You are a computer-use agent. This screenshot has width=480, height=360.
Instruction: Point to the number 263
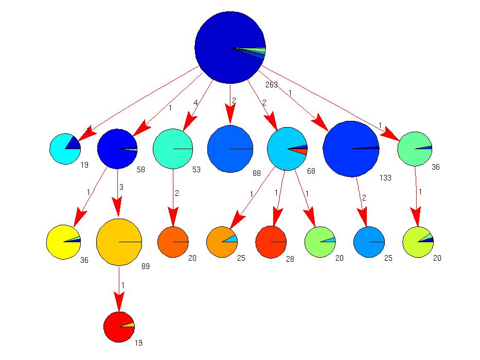click(x=271, y=84)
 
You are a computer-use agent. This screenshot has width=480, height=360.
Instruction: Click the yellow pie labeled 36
click(x=63, y=242)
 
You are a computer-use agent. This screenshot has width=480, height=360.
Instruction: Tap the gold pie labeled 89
click(x=119, y=242)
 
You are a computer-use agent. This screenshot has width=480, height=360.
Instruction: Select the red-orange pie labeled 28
click(x=271, y=242)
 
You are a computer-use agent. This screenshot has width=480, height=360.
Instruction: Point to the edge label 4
click(x=195, y=103)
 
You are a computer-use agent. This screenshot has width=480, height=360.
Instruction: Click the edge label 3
click(x=122, y=187)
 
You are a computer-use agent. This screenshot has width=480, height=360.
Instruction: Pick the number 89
click(x=145, y=266)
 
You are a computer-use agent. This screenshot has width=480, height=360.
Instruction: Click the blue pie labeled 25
click(x=369, y=242)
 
